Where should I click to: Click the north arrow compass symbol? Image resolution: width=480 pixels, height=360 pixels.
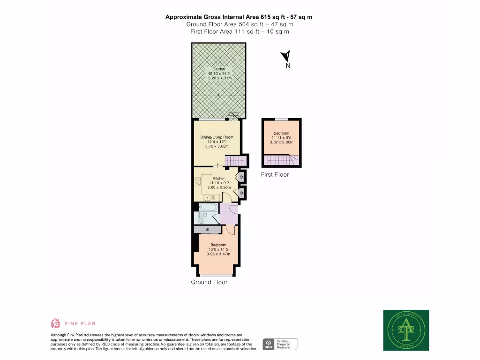point(285,57)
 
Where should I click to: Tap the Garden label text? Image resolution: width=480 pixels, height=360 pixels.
point(219,69)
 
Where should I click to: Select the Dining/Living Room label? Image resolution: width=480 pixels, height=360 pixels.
point(217,137)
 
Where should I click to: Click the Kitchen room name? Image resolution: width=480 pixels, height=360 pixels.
point(219,178)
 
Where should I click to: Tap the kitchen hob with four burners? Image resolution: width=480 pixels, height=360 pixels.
point(197,180)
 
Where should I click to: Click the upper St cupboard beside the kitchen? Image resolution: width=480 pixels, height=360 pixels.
point(242,177)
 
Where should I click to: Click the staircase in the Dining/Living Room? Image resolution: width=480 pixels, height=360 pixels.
point(232,162)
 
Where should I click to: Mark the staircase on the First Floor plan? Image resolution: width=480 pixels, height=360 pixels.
point(281,161)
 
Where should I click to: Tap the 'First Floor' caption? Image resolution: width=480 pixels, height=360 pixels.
point(275,174)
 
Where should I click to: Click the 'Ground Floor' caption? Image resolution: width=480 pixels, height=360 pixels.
point(209,282)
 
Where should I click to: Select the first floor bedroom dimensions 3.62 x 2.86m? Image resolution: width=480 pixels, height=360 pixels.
point(281,142)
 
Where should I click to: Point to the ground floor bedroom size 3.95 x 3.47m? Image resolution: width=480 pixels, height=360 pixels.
point(218,254)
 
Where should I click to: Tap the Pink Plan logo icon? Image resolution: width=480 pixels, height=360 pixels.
point(55,323)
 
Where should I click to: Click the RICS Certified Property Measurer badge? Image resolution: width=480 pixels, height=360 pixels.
point(280,344)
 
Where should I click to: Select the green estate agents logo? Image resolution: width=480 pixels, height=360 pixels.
point(406,330)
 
